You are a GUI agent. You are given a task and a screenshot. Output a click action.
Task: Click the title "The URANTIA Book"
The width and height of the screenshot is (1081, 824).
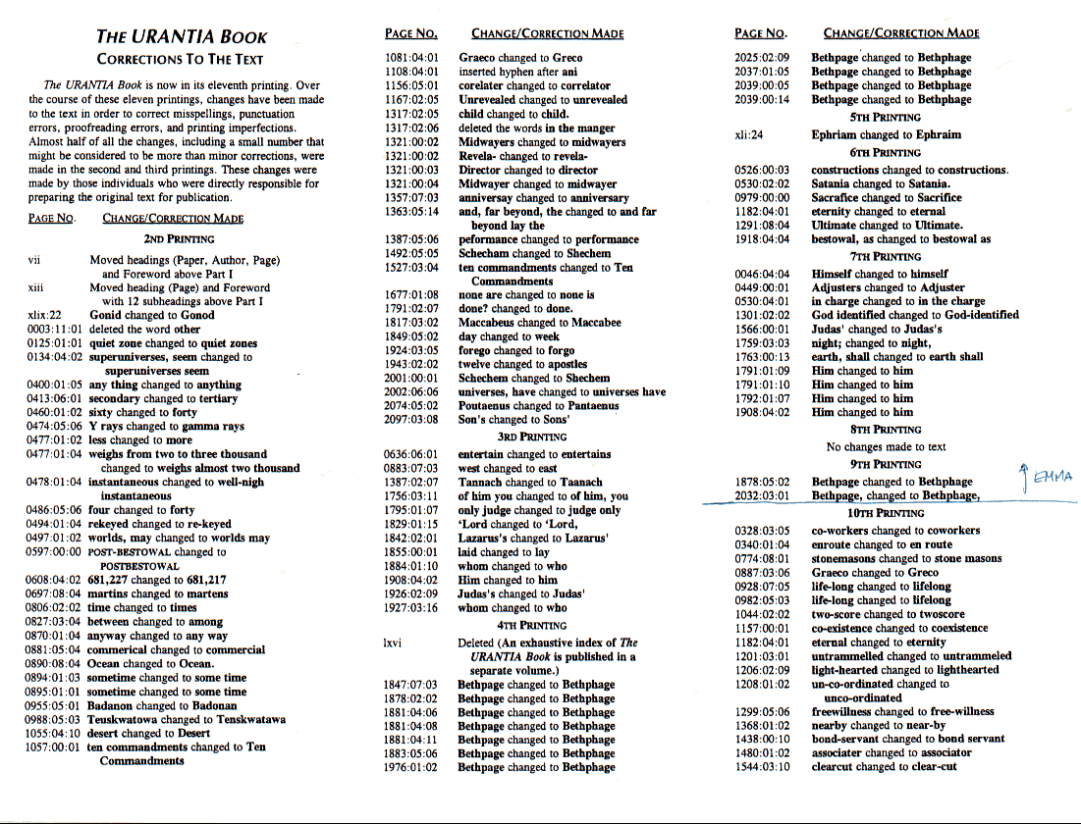pyautogui.click(x=182, y=37)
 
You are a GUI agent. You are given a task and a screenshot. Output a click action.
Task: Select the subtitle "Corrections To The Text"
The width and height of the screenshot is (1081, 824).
pyautogui.click(x=182, y=60)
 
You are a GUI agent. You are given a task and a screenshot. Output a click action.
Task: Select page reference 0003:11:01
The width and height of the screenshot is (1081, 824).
pyautogui.click(x=58, y=330)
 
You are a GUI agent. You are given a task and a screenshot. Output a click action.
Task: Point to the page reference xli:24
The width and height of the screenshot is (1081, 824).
pyautogui.click(x=749, y=135)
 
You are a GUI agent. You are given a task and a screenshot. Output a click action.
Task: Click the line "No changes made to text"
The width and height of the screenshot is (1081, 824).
pyautogui.click(x=887, y=446)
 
